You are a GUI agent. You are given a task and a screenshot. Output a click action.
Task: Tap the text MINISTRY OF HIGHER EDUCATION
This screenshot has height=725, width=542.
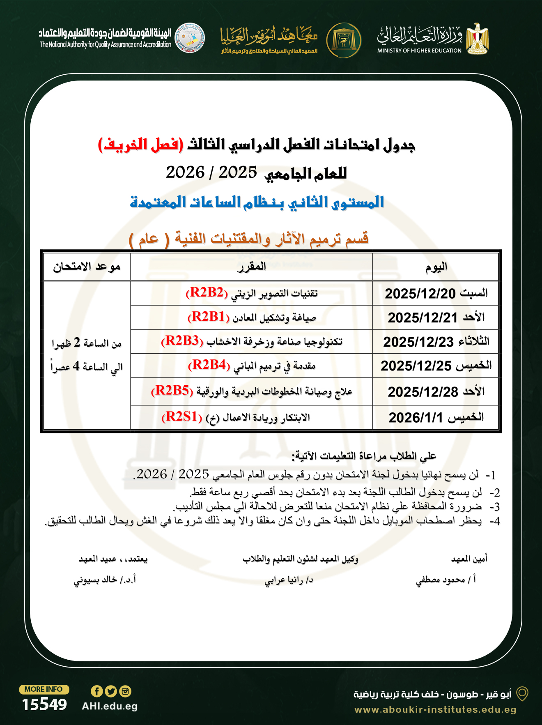419,51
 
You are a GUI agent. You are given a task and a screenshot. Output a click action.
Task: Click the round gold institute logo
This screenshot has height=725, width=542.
344,40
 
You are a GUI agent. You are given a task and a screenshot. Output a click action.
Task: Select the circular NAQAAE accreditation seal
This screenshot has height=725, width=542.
190,38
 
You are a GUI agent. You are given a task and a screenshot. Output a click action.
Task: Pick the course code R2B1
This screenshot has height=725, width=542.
208,317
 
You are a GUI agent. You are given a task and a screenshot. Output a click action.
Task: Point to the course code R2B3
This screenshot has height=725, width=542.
182,341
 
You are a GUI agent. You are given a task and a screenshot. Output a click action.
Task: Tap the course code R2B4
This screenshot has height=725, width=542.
209,365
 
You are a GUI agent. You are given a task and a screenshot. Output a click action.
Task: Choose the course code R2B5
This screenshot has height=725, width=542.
172,391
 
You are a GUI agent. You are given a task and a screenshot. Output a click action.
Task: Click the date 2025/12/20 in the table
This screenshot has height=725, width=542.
420,294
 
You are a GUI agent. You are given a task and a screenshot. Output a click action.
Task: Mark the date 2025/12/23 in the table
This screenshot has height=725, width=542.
418,342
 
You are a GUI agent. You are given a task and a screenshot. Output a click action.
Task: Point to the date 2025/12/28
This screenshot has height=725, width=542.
423,392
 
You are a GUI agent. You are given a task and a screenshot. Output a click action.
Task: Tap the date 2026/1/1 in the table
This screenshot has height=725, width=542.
416,418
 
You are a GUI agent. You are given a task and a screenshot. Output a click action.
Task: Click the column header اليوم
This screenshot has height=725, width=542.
436,267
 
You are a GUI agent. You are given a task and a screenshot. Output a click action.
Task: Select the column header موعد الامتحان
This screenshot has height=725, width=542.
87,267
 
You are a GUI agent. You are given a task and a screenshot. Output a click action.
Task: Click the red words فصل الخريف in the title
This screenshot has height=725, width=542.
140,145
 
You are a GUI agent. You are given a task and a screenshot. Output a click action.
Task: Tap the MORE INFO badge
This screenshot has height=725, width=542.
44,689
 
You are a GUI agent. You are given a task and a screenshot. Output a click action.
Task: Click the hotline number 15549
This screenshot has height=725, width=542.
44,704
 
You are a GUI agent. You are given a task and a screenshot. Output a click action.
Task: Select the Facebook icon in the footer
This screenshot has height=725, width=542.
96,691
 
